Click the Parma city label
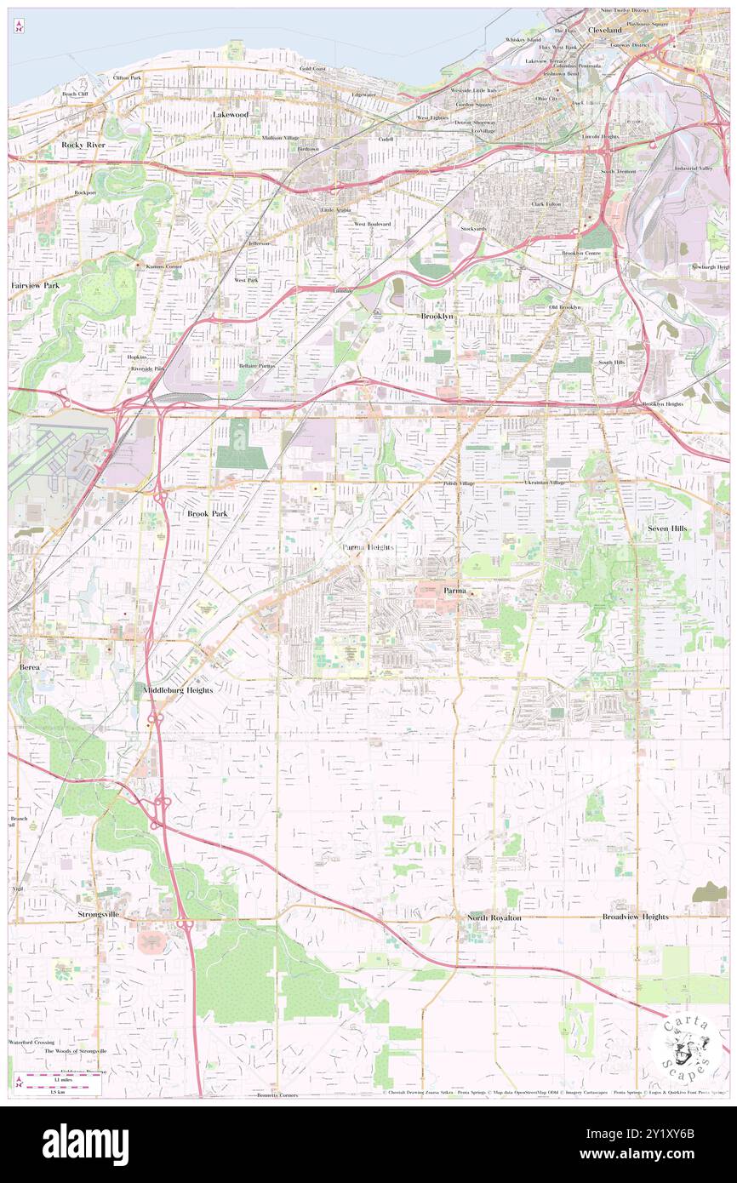coord(457,590)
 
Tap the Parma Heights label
coord(368,547)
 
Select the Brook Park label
coord(208,514)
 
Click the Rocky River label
coord(83,145)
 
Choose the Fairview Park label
coord(35,285)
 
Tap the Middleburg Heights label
coord(178,689)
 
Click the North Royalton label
coord(494,917)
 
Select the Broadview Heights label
coord(635,917)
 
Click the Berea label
coord(30,668)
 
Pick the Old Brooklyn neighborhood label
coord(565,306)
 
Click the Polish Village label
coord(458,483)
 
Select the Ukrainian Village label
coord(545,483)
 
